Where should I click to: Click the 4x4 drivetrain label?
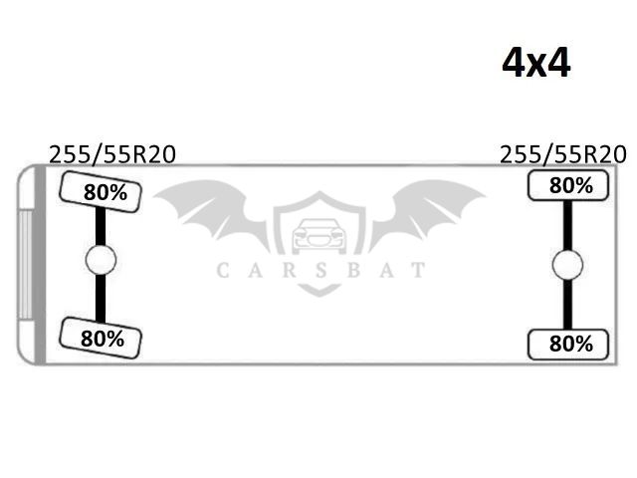coord(535,63)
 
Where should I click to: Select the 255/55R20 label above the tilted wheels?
coord(112,155)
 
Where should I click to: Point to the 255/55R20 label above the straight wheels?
coord(563,155)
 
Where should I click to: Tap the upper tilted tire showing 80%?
coord(101,192)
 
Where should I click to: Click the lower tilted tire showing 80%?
coord(101,339)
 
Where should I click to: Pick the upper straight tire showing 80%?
coord(568,185)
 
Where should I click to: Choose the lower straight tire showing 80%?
coord(568,345)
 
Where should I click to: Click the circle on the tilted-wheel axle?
coord(101,260)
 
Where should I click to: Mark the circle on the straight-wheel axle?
coord(567,265)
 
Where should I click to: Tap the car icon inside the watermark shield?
coord(319,236)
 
